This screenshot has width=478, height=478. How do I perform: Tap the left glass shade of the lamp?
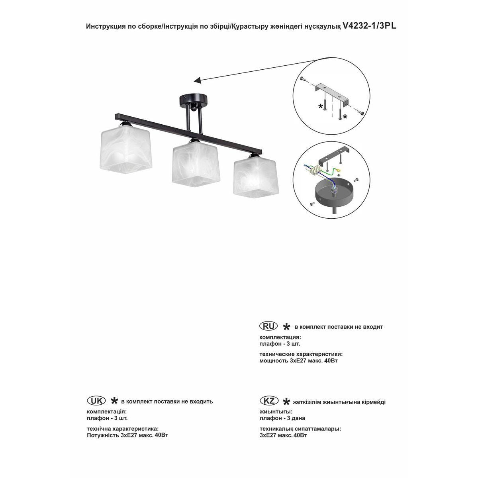(x=123, y=148)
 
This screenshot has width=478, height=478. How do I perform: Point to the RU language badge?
(x=268, y=326)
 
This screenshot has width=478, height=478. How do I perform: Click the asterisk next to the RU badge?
(x=286, y=327)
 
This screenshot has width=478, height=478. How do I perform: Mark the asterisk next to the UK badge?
(x=114, y=401)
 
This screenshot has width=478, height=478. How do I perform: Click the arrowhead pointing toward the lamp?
(x=197, y=81)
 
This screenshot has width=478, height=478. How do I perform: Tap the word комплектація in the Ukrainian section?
(x=107, y=411)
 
